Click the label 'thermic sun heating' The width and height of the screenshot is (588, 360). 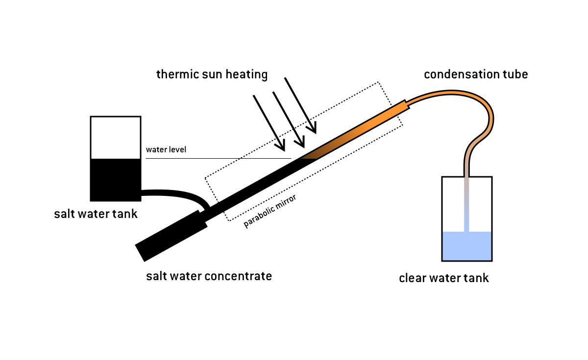click(x=212, y=74)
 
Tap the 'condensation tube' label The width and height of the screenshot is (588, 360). click(x=476, y=74)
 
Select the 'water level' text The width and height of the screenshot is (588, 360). click(x=166, y=149)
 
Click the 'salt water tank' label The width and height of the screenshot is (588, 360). click(x=96, y=214)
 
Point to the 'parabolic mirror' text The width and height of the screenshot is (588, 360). click(x=270, y=212)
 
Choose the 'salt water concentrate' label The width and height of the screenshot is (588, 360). click(x=209, y=276)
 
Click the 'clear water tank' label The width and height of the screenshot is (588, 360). click(x=444, y=278)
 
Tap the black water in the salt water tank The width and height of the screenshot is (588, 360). click(x=116, y=179)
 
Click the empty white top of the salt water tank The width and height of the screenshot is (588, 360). click(x=116, y=138)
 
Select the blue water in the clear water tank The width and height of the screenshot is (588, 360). click(x=466, y=246)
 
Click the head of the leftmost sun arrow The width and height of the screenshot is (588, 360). click(x=282, y=146)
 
